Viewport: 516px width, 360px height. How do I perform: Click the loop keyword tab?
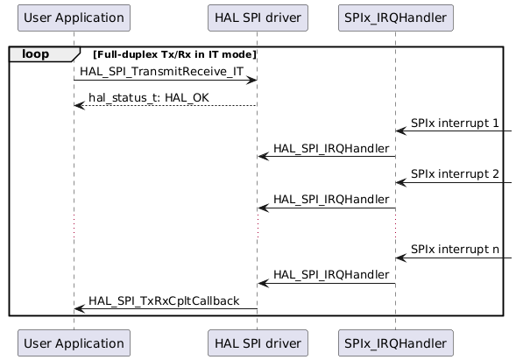pyautogui.click(x=35, y=54)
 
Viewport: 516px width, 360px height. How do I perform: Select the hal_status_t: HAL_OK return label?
pyautogui.click(x=148, y=96)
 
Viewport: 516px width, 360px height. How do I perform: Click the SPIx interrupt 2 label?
pyautogui.click(x=455, y=174)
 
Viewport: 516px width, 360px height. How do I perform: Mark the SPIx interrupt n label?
pyautogui.click(x=455, y=250)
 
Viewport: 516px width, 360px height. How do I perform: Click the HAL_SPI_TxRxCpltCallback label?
pyautogui.click(x=164, y=300)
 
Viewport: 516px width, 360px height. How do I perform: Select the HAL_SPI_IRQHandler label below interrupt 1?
pyautogui.click(x=331, y=149)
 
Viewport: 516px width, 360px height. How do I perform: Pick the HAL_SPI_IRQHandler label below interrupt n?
pyautogui.click(x=331, y=275)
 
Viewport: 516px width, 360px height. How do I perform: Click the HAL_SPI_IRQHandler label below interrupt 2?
pyautogui.click(x=331, y=200)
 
